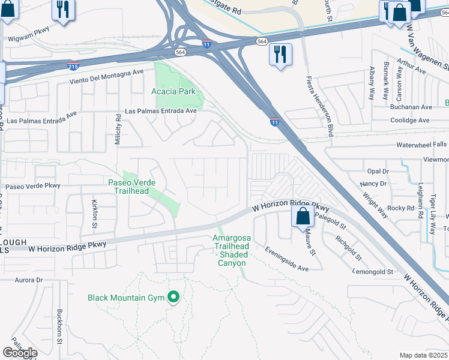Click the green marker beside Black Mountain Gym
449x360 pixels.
pyautogui.click(x=174, y=297)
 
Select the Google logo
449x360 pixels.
pyautogui.click(x=20, y=353)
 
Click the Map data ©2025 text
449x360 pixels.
pyautogui.click(x=423, y=355)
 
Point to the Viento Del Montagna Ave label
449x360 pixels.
pyautogui.click(x=107, y=76)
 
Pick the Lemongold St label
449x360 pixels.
pyautogui.click(x=372, y=272)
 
